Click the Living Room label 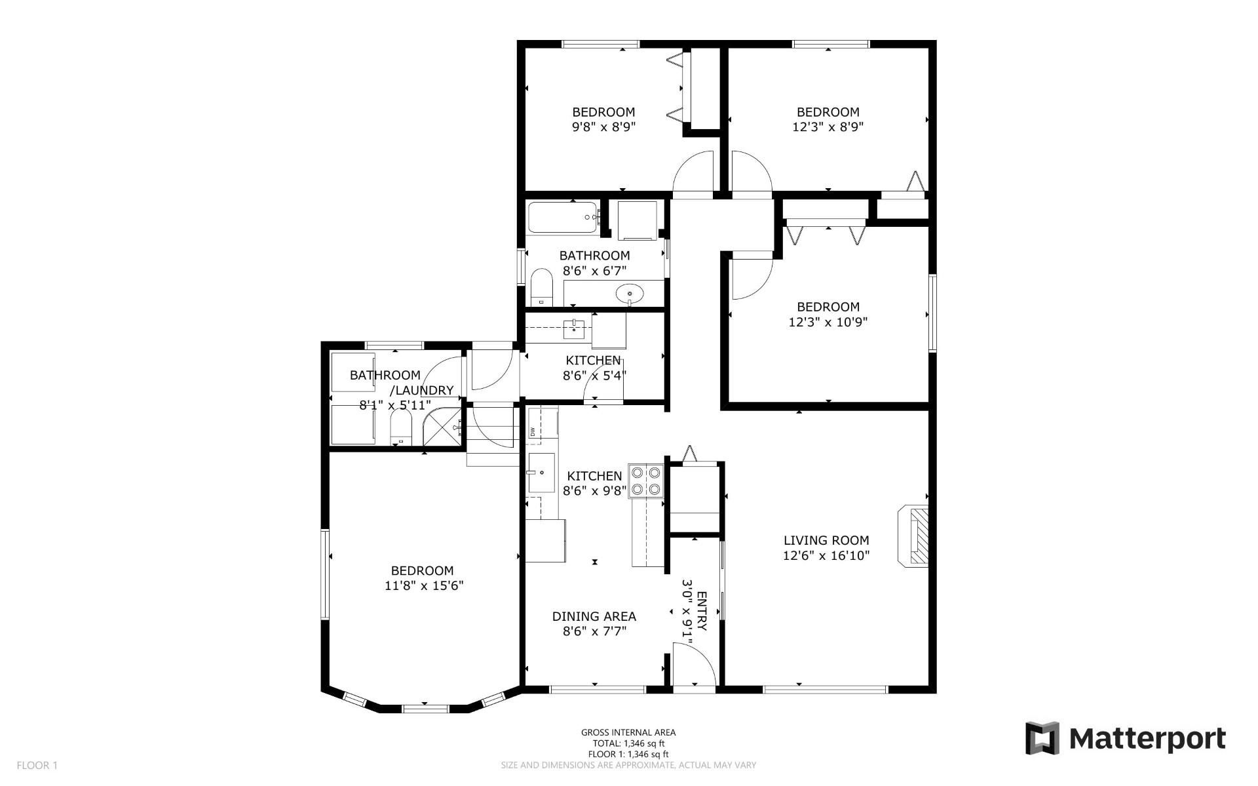point(826,540)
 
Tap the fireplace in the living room point(914,535)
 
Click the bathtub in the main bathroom point(563,218)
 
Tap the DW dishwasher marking point(533,431)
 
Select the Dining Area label point(594,616)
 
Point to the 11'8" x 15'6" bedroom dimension point(424,585)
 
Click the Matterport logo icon point(1042,738)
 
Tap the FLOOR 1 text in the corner point(37,765)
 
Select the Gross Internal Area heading point(628,733)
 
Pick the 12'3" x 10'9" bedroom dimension point(828,322)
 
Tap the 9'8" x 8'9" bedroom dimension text point(603,127)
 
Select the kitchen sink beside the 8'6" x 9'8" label point(541,473)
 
